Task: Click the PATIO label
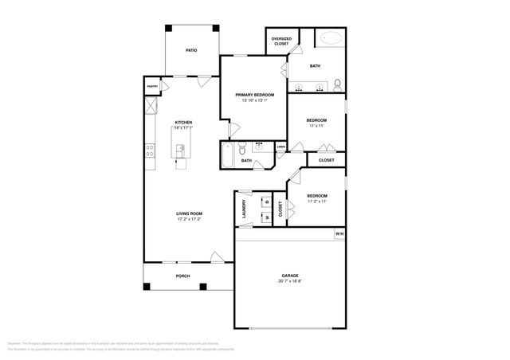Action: point(191,50)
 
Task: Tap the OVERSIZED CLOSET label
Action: point(281,41)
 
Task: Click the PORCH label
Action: point(182,276)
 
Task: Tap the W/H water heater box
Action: point(339,233)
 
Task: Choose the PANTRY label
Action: point(151,86)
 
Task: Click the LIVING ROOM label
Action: point(190,213)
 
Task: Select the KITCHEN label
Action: point(184,122)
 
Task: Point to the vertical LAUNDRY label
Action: point(244,207)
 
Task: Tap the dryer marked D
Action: point(267,201)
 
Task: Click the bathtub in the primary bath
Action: point(330,39)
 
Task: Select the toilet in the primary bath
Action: point(338,84)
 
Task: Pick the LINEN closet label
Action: point(281,147)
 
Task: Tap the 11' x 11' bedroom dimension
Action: point(316,127)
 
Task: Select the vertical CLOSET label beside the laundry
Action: point(280,209)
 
